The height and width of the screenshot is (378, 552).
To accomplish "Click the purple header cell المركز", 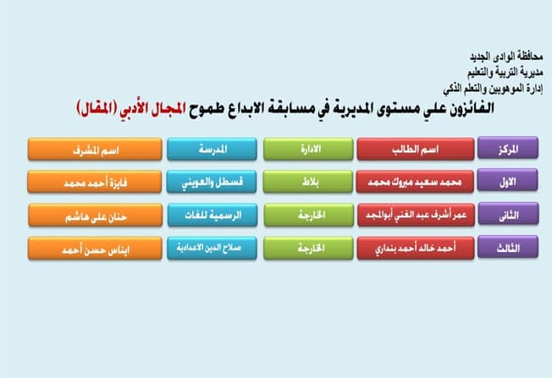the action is [x=508, y=148].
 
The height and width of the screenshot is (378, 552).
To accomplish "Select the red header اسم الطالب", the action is [x=416, y=149].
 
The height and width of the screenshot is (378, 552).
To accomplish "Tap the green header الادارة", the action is [x=308, y=149].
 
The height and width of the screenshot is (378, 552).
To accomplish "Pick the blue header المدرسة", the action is [x=212, y=149].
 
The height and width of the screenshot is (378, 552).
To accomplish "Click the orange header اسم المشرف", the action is [x=95, y=149].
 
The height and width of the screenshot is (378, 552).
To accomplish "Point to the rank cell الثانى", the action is [x=508, y=214].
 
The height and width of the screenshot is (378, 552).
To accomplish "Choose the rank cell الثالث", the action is [x=508, y=247].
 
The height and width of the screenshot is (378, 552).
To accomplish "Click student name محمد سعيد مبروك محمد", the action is [x=415, y=182].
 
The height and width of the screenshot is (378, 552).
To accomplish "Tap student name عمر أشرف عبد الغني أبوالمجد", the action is [x=416, y=215].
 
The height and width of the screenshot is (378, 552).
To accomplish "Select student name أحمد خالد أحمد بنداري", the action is [x=416, y=249].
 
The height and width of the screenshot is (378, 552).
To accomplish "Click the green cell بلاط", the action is [x=307, y=182].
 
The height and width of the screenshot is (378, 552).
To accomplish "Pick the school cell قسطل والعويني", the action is [x=212, y=182].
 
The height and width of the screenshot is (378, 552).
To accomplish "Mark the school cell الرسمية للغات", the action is [x=213, y=215].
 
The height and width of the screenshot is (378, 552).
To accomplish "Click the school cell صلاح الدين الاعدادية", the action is [x=212, y=249].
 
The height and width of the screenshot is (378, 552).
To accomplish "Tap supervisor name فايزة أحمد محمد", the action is [x=94, y=182].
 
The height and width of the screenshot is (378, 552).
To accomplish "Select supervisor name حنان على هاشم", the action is [x=96, y=215].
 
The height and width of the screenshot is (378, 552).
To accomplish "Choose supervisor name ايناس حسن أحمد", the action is [x=95, y=249].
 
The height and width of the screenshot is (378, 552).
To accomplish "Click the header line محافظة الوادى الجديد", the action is [x=506, y=57].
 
